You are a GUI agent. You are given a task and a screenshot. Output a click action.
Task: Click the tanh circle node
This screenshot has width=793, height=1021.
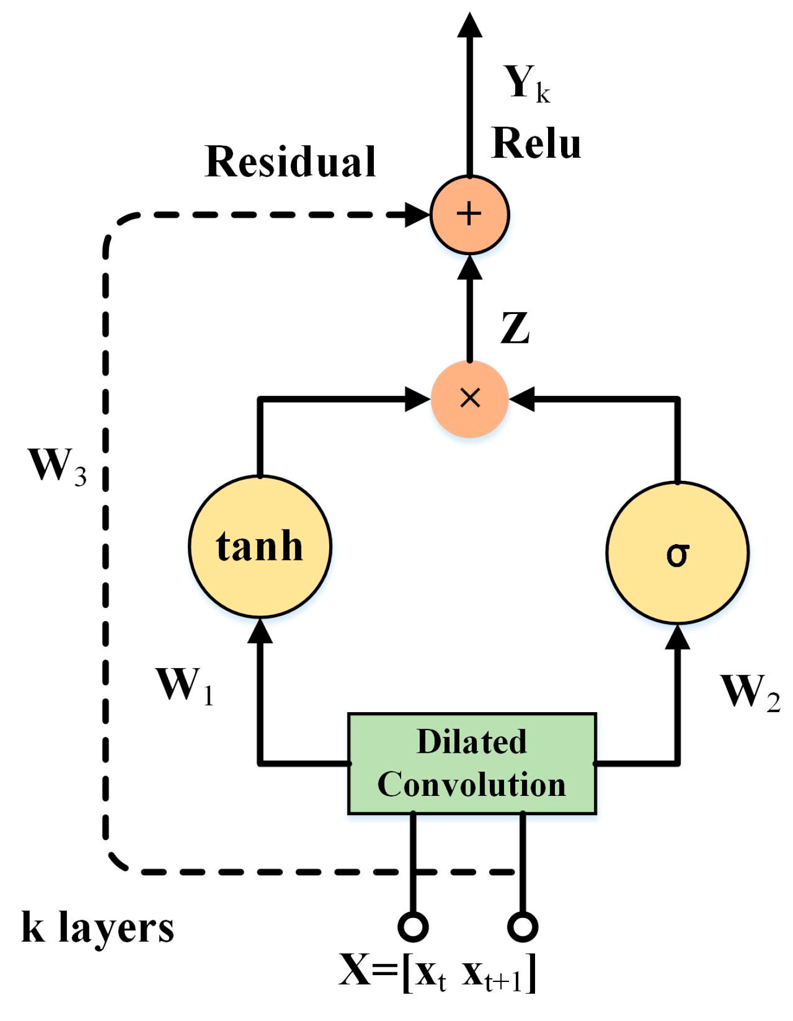pyautogui.click(x=260, y=546)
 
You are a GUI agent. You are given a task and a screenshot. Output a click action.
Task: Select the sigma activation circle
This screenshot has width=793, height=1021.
pyautogui.click(x=677, y=553)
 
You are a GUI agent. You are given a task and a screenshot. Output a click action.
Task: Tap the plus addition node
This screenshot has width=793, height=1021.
pyautogui.click(x=469, y=214)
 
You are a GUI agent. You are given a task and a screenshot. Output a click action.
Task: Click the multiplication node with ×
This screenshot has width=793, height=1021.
pyautogui.click(x=470, y=399)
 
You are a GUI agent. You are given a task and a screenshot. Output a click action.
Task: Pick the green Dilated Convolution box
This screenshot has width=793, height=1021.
pyautogui.click(x=472, y=763)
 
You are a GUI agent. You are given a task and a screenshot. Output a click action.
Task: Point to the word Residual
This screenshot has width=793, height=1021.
pyautogui.click(x=290, y=162)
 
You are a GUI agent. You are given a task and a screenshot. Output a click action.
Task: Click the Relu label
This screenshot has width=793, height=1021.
pyautogui.click(x=536, y=143)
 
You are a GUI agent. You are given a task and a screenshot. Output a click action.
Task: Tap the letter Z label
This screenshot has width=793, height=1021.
pyautogui.click(x=515, y=328)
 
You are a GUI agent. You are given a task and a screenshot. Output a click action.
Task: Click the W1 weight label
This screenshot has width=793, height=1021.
pyautogui.click(x=184, y=686)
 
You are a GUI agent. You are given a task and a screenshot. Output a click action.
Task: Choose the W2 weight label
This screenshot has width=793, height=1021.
pyautogui.click(x=749, y=692)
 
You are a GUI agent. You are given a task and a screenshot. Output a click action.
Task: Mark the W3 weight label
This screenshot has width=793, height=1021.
pyautogui.click(x=57, y=467)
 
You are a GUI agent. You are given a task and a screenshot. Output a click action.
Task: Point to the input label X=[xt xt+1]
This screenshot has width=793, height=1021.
pyautogui.click(x=437, y=972)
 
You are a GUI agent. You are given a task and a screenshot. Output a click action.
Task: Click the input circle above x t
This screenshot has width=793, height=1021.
pyautogui.click(x=413, y=926)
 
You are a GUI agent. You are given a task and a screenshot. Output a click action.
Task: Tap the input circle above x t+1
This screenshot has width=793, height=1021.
pyautogui.click(x=522, y=926)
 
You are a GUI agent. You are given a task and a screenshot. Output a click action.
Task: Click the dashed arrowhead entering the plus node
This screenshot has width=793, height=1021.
pyautogui.click(x=417, y=215)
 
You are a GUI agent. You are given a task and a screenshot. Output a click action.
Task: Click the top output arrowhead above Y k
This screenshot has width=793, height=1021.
pyautogui.click(x=469, y=25)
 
